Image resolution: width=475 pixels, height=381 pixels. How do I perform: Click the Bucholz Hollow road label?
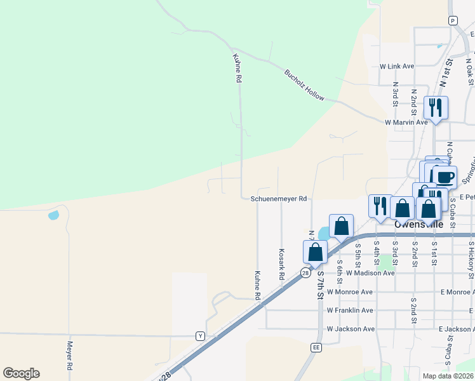tap(304, 85)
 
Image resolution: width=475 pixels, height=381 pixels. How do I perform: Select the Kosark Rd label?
tap(281, 264)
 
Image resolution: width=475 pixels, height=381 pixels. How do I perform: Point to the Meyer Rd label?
tap(70, 357)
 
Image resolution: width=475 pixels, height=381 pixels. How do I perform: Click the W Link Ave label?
tap(396, 66)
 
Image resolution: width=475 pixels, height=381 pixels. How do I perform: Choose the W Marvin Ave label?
tap(406, 122)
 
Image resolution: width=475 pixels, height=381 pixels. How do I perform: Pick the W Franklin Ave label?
tap(350, 311)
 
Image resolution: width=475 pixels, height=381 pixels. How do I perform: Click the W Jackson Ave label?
tap(351, 329)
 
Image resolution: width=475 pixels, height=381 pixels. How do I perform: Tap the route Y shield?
tap(200, 336)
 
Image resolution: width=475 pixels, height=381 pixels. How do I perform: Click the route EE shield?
tap(316, 347)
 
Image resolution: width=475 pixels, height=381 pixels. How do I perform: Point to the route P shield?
tap(453, 20)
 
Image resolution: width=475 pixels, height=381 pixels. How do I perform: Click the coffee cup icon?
tap(444, 177)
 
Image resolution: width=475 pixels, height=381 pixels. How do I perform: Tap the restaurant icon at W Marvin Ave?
tap(436, 107)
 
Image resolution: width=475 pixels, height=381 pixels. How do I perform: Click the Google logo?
tap(21, 373)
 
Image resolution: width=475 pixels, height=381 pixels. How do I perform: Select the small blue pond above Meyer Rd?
tap(53, 215)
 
